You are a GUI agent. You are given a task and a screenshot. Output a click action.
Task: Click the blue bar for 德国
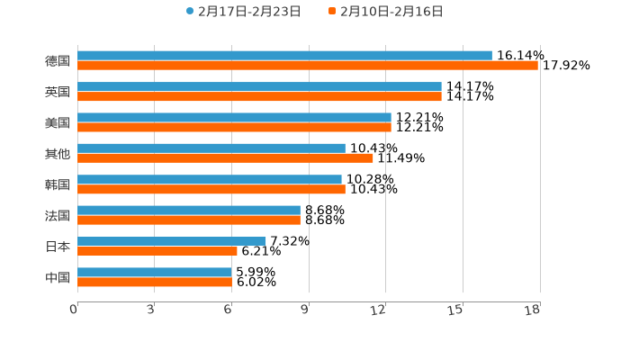[x=284, y=56]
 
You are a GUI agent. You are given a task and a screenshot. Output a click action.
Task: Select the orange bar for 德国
[x=308, y=66]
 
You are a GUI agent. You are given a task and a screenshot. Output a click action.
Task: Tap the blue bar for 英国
[x=259, y=86]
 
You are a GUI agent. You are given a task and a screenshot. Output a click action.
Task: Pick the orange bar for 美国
[x=234, y=128]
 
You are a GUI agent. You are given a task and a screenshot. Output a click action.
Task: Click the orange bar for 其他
[x=225, y=158]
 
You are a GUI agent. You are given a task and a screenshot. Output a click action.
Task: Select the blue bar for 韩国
[x=210, y=179]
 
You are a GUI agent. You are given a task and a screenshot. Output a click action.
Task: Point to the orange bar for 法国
[x=189, y=220]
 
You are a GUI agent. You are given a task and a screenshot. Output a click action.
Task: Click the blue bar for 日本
[x=172, y=241]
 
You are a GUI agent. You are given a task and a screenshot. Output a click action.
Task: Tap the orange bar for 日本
[x=157, y=251]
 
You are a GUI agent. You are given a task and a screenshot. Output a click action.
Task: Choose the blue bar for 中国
[x=155, y=272]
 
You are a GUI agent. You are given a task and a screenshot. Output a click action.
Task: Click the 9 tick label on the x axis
[x=305, y=310]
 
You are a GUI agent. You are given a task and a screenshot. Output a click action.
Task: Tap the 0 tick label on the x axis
[x=74, y=310]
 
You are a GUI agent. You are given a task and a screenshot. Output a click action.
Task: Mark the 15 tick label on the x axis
[x=455, y=310]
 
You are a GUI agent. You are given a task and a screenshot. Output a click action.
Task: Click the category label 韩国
[x=58, y=184]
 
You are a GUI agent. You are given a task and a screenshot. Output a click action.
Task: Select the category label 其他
[x=58, y=154]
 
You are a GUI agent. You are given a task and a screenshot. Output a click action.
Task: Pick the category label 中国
[x=58, y=277]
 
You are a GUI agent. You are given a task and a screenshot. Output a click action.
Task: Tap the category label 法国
[x=58, y=216]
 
